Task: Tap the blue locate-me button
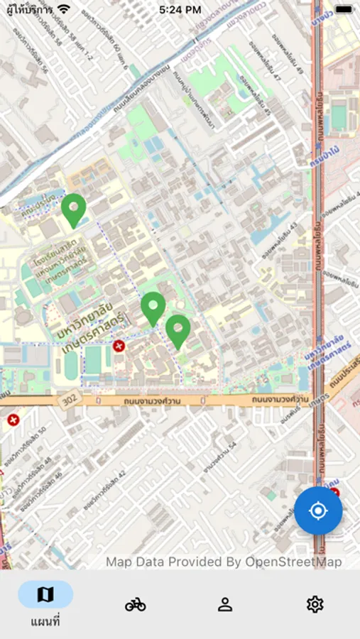tap(318, 510)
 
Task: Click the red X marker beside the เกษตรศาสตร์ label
tap(119, 346)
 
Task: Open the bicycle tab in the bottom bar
tap(135, 604)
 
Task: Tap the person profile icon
tap(225, 604)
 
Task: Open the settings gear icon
tap(315, 604)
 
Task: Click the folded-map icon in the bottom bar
tap(45, 595)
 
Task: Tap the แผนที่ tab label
tap(45, 622)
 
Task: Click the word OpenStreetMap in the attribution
tap(293, 562)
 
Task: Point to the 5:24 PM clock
tap(180, 10)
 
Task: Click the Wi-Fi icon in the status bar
tap(65, 9)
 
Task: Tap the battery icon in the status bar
tap(343, 9)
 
